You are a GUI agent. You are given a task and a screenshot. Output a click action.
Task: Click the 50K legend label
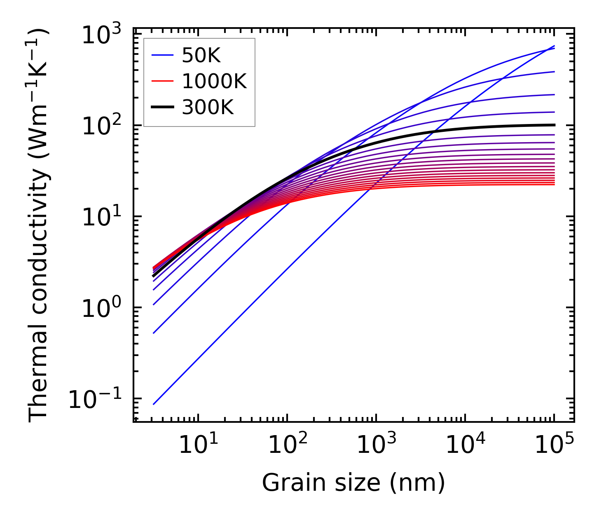pyautogui.click(x=201, y=56)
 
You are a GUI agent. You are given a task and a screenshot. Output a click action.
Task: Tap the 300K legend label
pyautogui.click(x=208, y=108)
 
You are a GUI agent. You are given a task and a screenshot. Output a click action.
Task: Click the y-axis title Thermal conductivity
pyautogui.click(x=39, y=225)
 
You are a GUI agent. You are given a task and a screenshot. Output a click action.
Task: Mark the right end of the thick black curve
pyautogui.click(x=555, y=125)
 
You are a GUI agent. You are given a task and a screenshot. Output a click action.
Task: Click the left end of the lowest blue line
pyautogui.click(x=153, y=404)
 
